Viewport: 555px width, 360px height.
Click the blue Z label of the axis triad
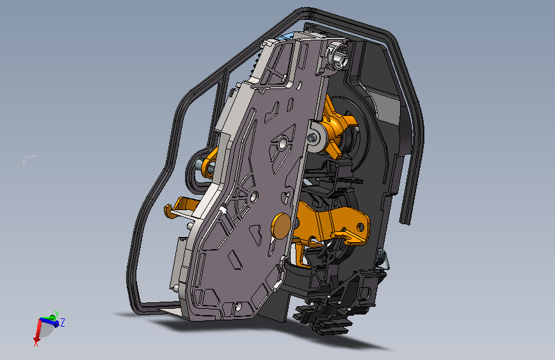[63, 323]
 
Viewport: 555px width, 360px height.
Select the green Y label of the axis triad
[56, 314]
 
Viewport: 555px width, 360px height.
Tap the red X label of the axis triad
[36, 343]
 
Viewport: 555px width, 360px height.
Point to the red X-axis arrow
[37, 329]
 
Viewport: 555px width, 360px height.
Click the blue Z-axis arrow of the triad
[49, 322]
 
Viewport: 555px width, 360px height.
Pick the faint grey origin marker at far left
[28, 159]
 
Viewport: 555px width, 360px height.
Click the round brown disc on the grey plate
[280, 225]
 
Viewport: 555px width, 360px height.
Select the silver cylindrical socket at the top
[338, 56]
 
